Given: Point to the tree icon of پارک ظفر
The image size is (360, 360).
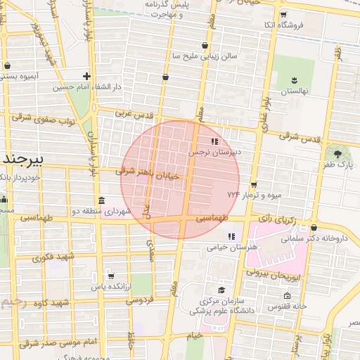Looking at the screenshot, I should [x=339, y=153].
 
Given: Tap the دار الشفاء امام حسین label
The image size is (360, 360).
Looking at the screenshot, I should [x=86, y=87].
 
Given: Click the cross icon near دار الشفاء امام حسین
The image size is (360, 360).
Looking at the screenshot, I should [x=86, y=76].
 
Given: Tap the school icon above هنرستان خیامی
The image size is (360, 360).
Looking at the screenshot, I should [x=231, y=236].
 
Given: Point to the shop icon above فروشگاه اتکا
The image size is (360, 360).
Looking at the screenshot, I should [x=283, y=14].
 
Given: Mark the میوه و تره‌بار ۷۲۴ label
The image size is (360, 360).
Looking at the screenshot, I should [x=243, y=193].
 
